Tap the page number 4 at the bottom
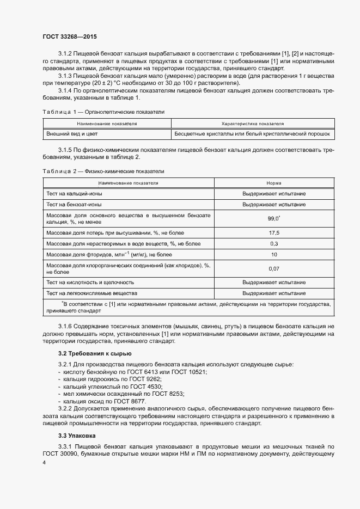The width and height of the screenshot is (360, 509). [44, 462]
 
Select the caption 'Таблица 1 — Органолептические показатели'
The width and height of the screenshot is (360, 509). [103, 112]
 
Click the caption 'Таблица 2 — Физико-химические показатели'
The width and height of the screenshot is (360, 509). [103, 171]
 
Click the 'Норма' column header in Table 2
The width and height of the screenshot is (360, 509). [273, 183]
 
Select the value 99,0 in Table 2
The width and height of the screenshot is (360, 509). [273, 218]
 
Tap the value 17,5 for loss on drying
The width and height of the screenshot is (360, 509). [273, 233]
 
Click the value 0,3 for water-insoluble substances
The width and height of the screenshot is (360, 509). [273, 243]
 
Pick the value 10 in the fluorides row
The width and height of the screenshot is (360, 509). [273, 254]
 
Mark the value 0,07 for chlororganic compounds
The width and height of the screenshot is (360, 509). [273, 268]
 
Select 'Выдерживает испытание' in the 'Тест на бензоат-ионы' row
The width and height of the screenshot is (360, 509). [273, 204]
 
